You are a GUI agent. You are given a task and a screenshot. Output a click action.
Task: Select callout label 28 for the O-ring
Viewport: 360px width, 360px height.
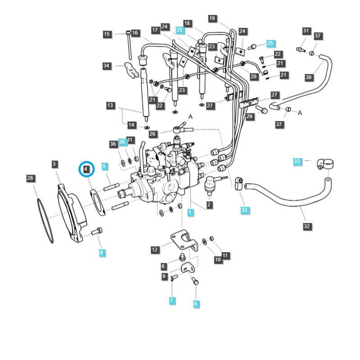(30, 179)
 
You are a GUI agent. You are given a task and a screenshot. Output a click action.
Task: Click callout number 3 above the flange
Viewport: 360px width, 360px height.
(54, 164)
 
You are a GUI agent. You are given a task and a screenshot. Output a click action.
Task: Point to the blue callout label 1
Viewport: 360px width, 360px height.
(190, 211)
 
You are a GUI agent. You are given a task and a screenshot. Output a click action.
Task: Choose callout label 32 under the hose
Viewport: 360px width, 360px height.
(307, 226)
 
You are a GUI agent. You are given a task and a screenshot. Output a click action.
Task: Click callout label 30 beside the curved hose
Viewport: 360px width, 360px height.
(308, 77)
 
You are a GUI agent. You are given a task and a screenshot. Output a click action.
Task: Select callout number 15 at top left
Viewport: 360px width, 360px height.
(107, 34)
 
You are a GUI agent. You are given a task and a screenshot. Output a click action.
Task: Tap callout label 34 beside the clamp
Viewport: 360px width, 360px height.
(106, 66)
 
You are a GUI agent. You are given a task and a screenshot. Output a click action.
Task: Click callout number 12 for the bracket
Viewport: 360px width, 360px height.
(154, 249)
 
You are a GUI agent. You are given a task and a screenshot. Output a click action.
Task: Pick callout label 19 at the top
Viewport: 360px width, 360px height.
(212, 18)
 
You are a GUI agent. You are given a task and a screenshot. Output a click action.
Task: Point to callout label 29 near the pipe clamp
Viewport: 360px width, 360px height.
(249, 117)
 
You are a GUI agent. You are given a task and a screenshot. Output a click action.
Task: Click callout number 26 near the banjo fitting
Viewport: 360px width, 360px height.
(153, 134)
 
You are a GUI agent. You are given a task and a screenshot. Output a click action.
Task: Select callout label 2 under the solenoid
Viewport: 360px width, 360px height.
(209, 205)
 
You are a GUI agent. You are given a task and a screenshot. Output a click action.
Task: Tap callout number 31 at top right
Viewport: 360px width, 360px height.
(306, 31)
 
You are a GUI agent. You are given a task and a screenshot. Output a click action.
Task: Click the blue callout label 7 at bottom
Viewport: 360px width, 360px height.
(171, 300)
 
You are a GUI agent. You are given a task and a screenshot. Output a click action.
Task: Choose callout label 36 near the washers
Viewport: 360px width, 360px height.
(113, 144)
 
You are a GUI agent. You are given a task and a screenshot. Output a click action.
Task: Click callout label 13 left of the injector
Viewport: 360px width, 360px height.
(110, 105)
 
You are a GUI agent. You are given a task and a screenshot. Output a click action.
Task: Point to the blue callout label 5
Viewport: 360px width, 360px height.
(104, 166)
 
